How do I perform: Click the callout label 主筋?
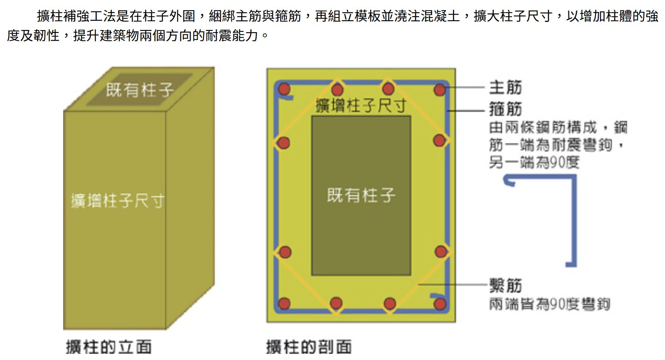pos(505,88)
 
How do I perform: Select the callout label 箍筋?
pos(505,109)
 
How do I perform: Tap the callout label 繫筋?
pos(505,285)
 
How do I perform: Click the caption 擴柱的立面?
pos(109,347)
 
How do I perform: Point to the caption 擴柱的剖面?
pos(309,347)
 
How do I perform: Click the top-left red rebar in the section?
pos(284,89)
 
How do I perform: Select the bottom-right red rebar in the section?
pos(440,304)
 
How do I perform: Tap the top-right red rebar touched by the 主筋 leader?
pos(440,89)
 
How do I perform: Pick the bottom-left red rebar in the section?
pos(284,304)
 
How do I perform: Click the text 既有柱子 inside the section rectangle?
pos(361,195)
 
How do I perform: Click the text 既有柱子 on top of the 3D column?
pos(140,90)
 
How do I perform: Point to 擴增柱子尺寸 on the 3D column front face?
pos(118,201)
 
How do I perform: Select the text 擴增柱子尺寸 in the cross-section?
pos(361,105)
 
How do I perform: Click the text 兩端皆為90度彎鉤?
pos(549,304)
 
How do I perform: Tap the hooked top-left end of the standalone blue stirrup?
pos(509,180)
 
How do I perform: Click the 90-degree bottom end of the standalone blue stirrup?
pos(570,264)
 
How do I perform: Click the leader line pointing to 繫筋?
pos(453,284)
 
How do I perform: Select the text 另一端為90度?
pos(534,162)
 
